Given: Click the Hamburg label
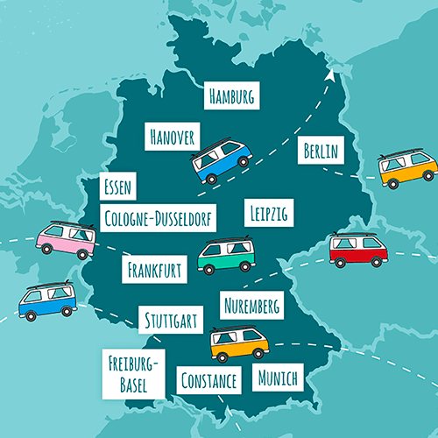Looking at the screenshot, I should point(231,96).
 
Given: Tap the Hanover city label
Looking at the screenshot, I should point(173,137).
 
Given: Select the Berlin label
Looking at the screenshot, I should point(320,152).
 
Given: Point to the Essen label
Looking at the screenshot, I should point(119,187).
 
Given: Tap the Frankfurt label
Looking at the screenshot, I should point(154,268).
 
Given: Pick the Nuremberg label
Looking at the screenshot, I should point(251,307).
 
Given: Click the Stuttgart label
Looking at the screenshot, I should point(171,317).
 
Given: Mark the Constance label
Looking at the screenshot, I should point(208,381).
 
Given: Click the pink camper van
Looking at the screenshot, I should point(67,239).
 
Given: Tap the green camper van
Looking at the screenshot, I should point(225,255).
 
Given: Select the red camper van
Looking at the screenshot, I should point(358,250).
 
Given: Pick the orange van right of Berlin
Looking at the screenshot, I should point(407,166).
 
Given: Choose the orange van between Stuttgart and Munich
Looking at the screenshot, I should point(240,343).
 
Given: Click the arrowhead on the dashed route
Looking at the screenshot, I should point(330,76).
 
